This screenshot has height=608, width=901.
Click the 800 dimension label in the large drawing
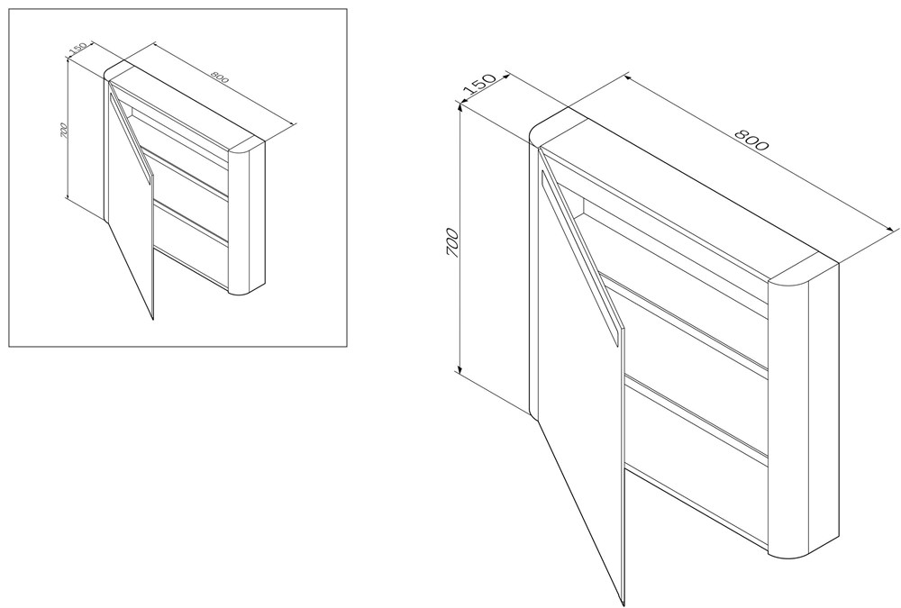[x=751, y=140]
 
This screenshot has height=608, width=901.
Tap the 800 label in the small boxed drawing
[x=220, y=77]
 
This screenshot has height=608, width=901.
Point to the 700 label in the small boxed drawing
[x=64, y=131]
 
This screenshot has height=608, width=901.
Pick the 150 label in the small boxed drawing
[x=77, y=50]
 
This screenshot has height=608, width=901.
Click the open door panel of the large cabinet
[x=580, y=368]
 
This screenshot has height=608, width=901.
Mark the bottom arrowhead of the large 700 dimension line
[x=460, y=368]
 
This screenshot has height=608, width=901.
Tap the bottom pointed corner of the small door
[x=153, y=320]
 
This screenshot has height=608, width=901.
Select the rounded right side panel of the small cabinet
[x=248, y=218]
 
